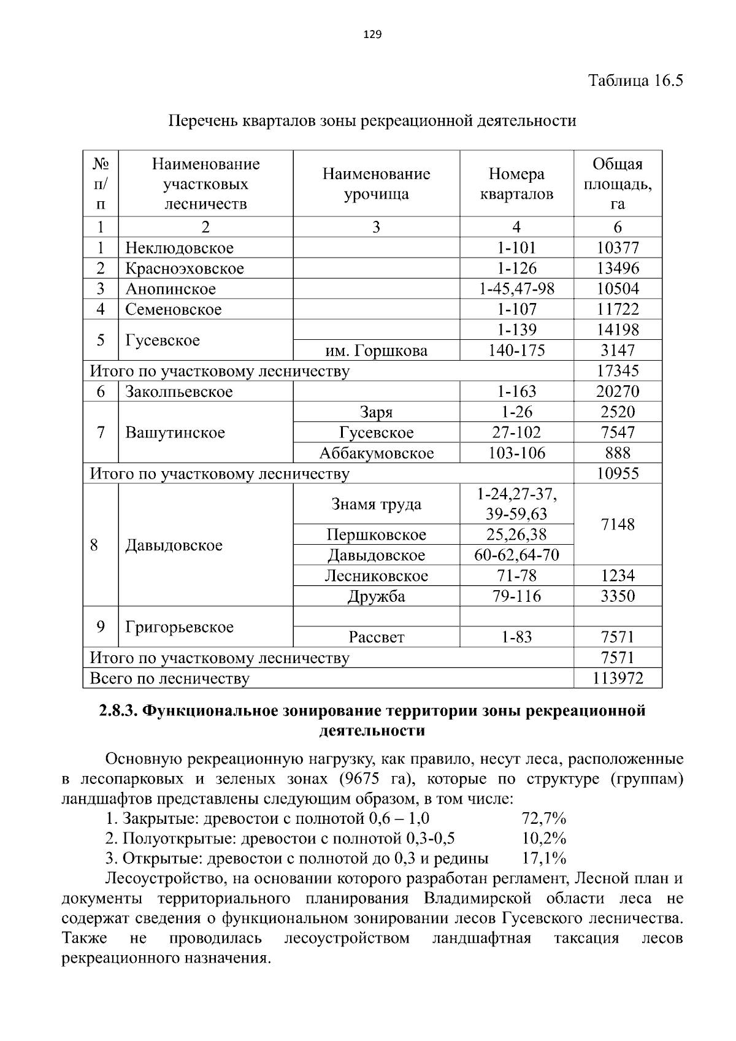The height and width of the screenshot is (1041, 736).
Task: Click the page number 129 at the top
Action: [x=372, y=34]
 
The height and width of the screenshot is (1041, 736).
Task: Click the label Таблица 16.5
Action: [x=635, y=80]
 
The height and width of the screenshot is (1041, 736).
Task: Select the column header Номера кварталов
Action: [x=516, y=184]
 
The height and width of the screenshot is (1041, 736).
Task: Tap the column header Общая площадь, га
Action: [x=618, y=184]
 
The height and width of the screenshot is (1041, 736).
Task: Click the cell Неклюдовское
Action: [x=180, y=248]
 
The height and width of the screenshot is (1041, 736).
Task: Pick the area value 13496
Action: [x=618, y=268]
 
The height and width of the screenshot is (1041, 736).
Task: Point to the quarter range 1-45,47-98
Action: [x=516, y=289]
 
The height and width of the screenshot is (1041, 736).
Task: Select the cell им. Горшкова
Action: [x=376, y=350]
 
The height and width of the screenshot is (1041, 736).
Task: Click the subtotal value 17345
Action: [x=618, y=371]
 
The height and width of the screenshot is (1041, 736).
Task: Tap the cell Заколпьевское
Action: [x=179, y=391]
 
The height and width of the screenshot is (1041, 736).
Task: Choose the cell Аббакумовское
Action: [x=376, y=453]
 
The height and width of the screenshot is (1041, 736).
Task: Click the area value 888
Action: [x=618, y=453]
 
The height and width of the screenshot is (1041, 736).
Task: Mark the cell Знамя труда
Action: [x=376, y=504]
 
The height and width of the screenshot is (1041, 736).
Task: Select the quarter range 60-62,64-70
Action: [x=516, y=555]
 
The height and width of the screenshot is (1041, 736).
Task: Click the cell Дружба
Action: [x=376, y=596]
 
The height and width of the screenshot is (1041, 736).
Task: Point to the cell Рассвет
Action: [x=376, y=637]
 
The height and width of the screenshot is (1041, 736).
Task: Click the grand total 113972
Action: [x=618, y=678]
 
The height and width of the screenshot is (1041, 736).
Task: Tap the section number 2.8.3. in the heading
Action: [x=118, y=711]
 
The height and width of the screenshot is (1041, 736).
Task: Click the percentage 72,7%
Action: [x=543, y=818]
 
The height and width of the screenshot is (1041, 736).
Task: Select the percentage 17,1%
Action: [x=543, y=858]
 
